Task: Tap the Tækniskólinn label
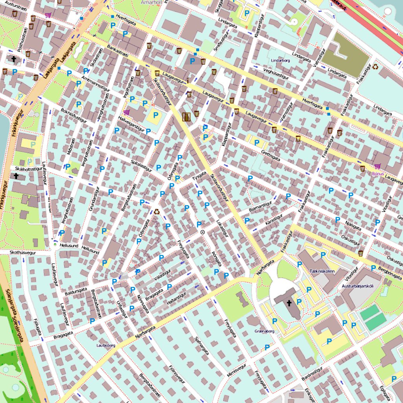[322, 272]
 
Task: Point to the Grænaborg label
[264, 331]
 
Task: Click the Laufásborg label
[105, 346]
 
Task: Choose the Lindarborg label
[281, 61]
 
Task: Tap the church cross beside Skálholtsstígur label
[16, 176]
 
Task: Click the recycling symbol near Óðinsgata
[157, 211]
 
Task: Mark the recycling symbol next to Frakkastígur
[375, 67]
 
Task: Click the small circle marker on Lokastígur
[203, 232]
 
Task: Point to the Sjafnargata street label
[202, 346]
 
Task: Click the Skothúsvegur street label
[18, 253]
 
